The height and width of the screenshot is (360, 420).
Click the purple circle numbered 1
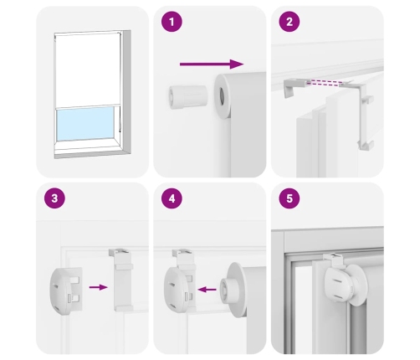[172, 22]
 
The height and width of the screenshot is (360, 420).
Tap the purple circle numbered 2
[289, 22]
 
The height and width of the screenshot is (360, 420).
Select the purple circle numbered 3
[54, 198]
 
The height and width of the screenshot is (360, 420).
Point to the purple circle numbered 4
[172, 198]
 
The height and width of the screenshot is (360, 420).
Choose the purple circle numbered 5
[289, 198]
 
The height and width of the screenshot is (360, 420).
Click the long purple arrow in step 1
[212, 64]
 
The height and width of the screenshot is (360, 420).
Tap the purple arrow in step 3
[98, 287]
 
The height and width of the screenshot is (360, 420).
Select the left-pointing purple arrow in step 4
[207, 290]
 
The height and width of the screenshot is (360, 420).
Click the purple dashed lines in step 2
[324, 82]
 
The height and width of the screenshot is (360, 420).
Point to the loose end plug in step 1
[187, 97]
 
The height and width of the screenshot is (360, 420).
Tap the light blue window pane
[85, 123]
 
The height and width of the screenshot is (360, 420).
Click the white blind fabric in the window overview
[87, 69]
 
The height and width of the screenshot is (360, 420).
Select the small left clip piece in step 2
[295, 87]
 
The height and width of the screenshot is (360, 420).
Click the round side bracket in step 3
[65, 291]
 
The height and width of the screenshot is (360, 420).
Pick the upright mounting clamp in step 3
[121, 280]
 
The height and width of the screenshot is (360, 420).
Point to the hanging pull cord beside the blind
[120, 117]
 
